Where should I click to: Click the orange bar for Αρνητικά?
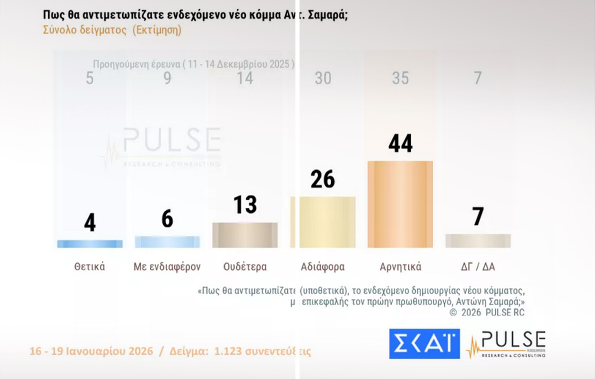tap(400, 204)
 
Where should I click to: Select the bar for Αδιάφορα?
tap(323, 222)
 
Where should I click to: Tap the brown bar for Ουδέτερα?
tap(245, 235)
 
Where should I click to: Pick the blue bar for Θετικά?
tap(90, 244)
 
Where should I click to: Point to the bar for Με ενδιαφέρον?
tap(167, 242)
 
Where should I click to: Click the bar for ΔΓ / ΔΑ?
tap(478, 241)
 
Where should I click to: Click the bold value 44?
tap(400, 143)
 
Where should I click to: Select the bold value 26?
tap(323, 179)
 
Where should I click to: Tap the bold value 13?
tap(245, 205)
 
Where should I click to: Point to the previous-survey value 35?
tap(400, 78)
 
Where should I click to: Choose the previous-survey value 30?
tap(323, 78)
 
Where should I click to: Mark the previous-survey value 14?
tap(245, 78)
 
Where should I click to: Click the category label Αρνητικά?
tap(400, 267)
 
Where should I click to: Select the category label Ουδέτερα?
tap(245, 267)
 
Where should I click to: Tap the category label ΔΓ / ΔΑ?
tap(478, 267)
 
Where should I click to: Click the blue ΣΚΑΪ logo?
tap(424, 343)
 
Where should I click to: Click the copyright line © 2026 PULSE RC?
tap(487, 313)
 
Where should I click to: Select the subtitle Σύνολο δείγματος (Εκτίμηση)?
tap(112, 30)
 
